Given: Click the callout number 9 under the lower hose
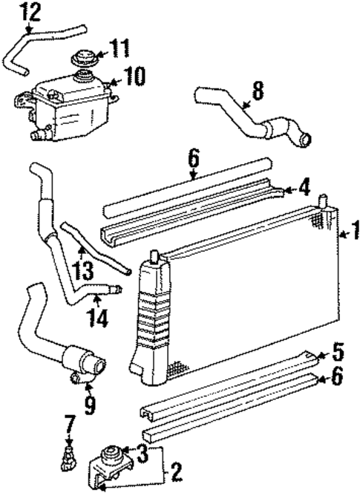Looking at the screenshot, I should pyautogui.click(x=90, y=405).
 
